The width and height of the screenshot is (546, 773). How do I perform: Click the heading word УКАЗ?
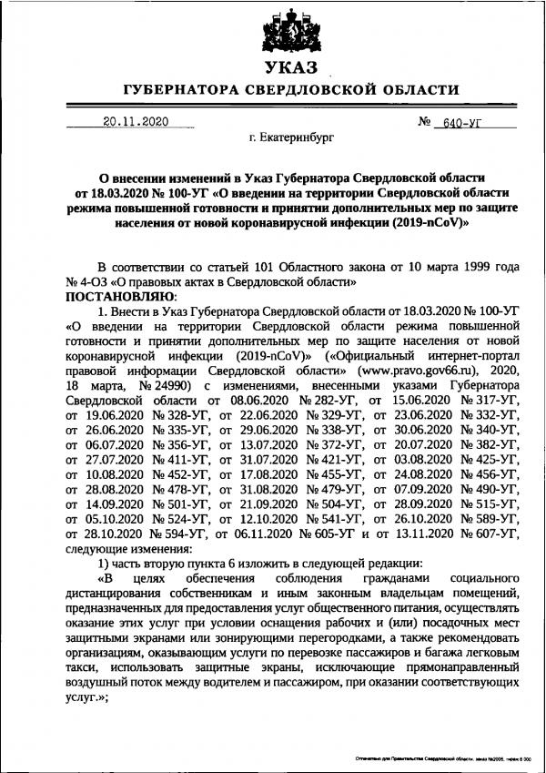[x=276, y=68]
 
